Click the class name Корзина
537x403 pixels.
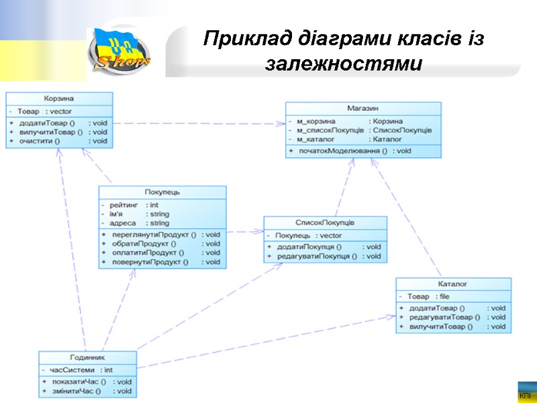click(59, 98)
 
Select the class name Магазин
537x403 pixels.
click(363, 107)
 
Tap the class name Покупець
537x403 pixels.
click(162, 192)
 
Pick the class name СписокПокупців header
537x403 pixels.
click(325, 222)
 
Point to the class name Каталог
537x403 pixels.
click(453, 284)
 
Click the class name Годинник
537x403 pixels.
click(87, 357)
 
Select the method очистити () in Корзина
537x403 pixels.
click(40, 141)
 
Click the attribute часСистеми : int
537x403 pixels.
click(81, 369)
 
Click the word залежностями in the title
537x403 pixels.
click(344, 65)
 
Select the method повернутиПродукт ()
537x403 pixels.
click(150, 262)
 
